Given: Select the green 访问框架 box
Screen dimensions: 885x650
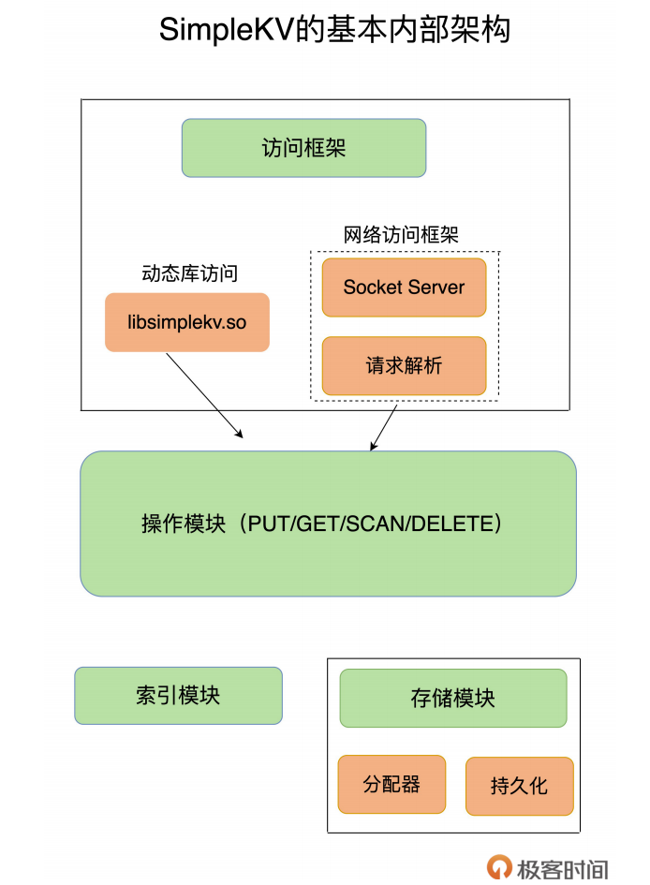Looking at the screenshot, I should [303, 148].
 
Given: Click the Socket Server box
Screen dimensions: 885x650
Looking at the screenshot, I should [404, 288].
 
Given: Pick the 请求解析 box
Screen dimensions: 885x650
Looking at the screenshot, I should [404, 365].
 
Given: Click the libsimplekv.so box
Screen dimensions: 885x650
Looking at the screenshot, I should [187, 322].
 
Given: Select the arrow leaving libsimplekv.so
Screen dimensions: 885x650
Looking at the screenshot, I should [204, 394].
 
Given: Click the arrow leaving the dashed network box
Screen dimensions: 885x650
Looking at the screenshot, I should [384, 427].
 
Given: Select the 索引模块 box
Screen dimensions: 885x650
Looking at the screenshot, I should [178, 695].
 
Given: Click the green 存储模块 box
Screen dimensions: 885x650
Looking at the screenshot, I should [452, 698].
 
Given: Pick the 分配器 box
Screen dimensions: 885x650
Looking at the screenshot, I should [391, 784].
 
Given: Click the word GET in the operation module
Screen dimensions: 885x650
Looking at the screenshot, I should [317, 524].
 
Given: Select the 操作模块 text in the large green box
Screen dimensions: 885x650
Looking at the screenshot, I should [184, 524].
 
